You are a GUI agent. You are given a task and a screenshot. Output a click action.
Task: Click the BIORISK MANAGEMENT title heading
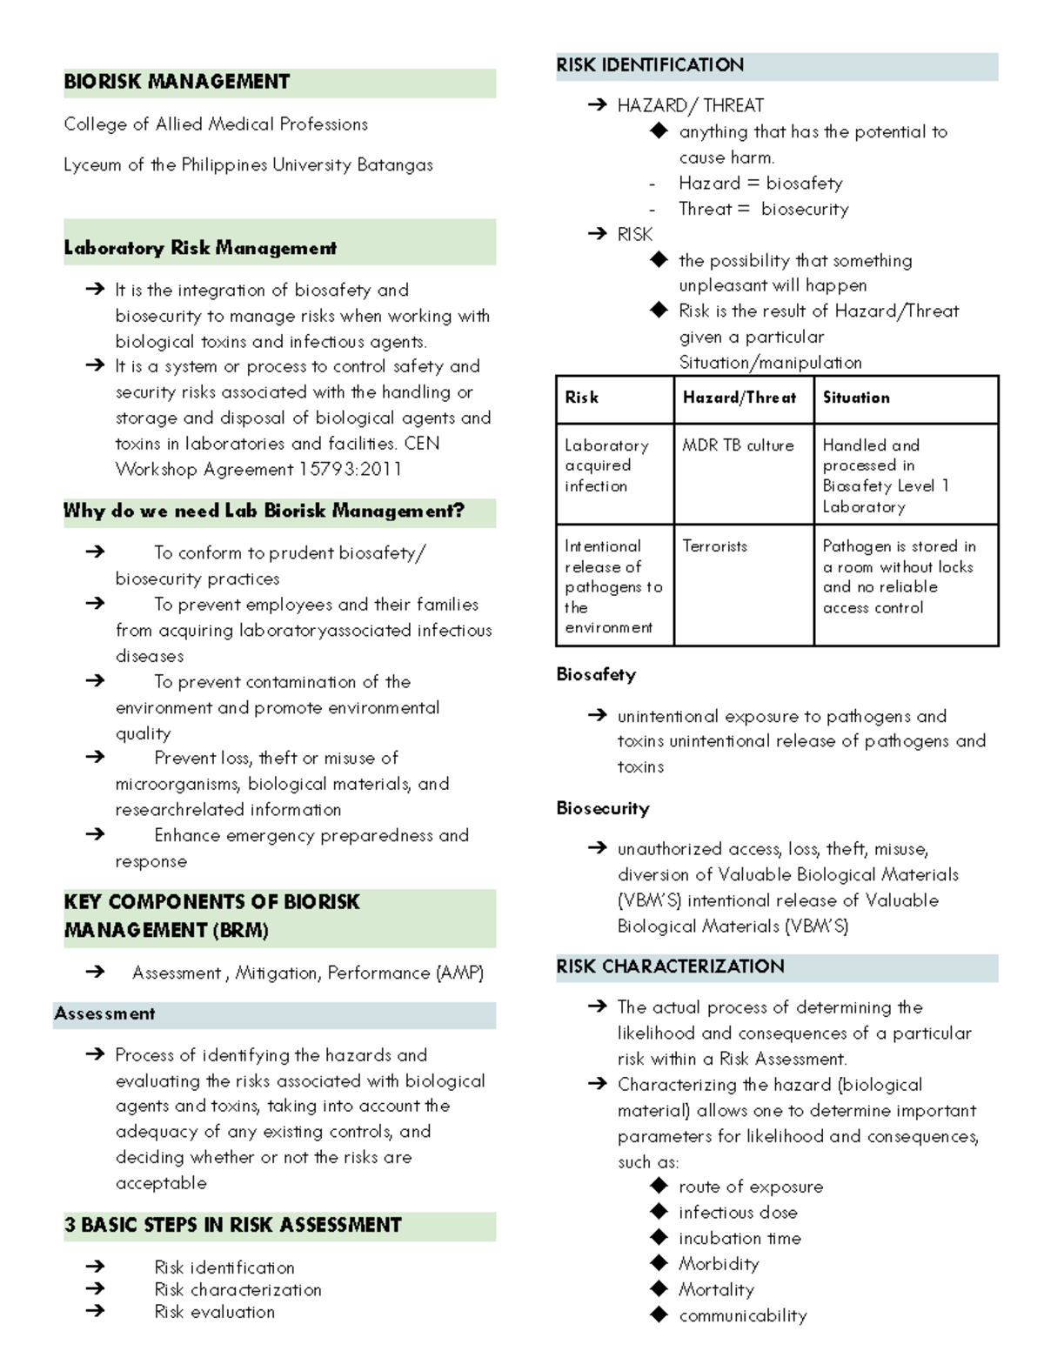click(x=177, y=83)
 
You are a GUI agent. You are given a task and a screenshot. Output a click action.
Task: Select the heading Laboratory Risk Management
click(x=200, y=248)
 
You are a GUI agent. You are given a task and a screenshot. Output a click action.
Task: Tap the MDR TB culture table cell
click(x=738, y=445)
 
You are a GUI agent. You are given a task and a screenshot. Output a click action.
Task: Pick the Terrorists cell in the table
click(x=714, y=546)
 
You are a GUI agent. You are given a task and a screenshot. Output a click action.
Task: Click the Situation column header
click(x=856, y=398)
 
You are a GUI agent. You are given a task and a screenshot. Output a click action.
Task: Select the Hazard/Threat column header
click(x=739, y=398)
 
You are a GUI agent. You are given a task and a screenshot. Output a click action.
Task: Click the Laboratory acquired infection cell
click(x=606, y=465)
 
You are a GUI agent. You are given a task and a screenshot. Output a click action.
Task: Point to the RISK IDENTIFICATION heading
click(x=650, y=65)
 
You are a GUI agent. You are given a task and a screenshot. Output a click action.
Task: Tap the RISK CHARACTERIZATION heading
click(x=670, y=966)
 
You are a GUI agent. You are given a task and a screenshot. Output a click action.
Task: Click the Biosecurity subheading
click(x=603, y=808)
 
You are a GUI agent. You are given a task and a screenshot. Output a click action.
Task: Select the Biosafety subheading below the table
click(x=596, y=674)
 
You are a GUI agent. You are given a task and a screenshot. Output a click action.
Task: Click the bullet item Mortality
click(x=716, y=1289)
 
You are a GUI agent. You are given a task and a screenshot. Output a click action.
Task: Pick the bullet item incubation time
click(x=739, y=1238)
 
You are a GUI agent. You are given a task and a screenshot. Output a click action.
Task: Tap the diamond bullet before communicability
click(x=659, y=1314)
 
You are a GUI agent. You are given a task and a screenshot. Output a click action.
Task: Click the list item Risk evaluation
click(x=214, y=1312)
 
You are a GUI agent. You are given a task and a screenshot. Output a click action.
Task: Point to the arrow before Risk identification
click(x=95, y=1267)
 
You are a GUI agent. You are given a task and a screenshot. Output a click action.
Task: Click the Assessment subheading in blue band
click(x=104, y=1013)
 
